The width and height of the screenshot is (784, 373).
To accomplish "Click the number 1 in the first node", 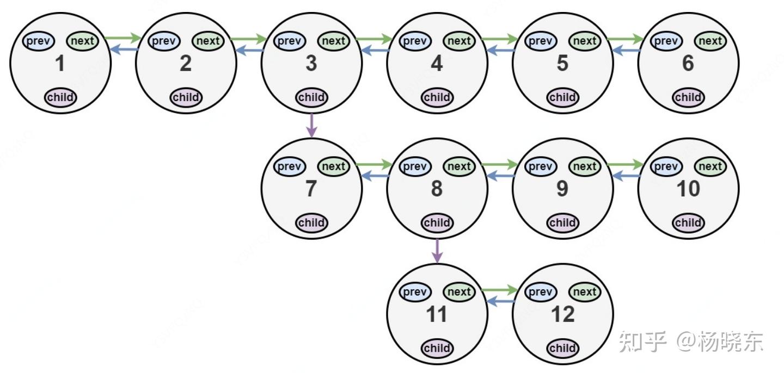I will (x=60, y=64).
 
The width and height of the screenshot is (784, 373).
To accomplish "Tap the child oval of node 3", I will (x=311, y=97).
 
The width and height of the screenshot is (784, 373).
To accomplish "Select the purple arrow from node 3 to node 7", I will (x=311, y=125).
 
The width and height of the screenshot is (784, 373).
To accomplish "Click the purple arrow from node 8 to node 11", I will (x=437, y=250).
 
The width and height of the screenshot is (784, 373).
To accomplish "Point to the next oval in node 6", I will (x=710, y=41).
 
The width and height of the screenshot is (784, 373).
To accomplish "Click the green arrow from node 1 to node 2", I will (x=123, y=38).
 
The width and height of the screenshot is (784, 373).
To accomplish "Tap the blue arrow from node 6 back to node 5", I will (x=626, y=51).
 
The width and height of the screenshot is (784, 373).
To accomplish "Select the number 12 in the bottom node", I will (x=562, y=315).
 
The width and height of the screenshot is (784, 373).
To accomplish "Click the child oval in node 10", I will (x=688, y=222).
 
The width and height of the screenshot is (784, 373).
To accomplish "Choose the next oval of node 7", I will (x=333, y=166).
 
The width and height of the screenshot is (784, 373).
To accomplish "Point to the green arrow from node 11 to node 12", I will (x=500, y=289).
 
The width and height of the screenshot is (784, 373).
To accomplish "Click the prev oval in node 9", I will (x=540, y=166).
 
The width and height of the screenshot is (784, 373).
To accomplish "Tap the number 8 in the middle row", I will (x=437, y=189).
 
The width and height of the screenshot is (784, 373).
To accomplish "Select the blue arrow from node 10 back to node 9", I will (x=626, y=176).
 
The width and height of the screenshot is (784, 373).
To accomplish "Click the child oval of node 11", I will (x=437, y=348).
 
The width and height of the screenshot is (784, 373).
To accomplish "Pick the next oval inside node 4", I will (x=459, y=41).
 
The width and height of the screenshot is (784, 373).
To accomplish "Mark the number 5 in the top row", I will (x=562, y=64).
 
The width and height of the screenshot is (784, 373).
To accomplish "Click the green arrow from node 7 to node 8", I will (x=374, y=164).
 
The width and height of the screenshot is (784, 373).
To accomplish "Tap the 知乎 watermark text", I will (x=642, y=341).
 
